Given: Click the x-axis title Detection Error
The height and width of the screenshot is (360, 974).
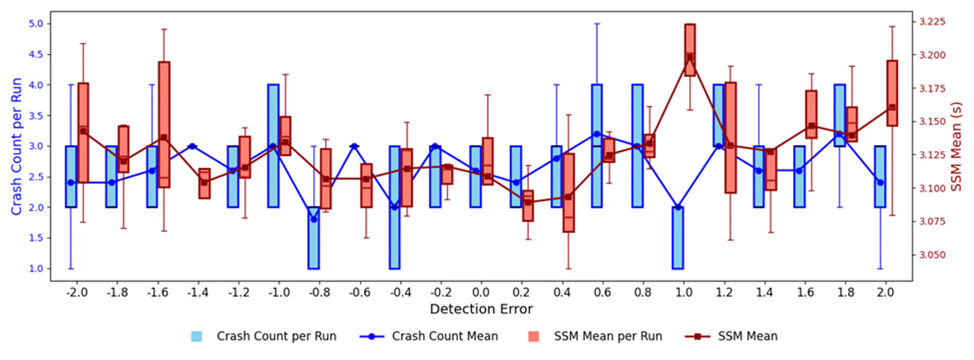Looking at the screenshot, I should [481, 309].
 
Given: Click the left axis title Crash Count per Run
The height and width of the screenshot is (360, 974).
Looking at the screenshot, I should [17, 146].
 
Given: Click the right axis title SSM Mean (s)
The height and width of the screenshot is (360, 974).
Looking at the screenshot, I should [956, 146].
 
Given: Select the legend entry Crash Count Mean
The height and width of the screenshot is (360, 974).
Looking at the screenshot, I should [444, 336].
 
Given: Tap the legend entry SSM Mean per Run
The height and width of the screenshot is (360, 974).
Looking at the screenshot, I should [607, 336].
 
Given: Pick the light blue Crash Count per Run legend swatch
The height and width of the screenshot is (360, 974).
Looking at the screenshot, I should [196, 336].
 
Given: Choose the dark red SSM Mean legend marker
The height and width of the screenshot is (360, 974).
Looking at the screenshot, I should [697, 336].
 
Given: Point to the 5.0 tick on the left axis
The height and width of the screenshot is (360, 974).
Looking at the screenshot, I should [36, 23].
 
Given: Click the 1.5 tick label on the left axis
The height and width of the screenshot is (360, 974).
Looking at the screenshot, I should [36, 238].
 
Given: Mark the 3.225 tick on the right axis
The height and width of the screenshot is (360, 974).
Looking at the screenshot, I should [932, 21].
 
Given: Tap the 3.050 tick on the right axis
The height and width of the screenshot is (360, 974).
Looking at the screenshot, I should [932, 255].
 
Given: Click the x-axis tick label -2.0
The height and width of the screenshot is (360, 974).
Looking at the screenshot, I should [77, 292].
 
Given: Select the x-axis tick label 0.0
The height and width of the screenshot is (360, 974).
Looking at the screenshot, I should [481, 292].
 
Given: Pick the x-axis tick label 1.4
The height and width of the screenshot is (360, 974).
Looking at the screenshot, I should [764, 292].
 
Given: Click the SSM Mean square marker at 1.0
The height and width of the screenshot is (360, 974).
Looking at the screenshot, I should [690, 57].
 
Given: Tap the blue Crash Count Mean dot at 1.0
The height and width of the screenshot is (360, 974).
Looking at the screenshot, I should [678, 207].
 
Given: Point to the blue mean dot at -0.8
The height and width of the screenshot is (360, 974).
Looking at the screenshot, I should [314, 219].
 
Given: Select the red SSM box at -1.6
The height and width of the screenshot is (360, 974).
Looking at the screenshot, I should [164, 124].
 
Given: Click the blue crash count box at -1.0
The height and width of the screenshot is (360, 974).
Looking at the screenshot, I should [273, 146].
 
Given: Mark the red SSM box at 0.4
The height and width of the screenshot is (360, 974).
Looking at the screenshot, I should [569, 193].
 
